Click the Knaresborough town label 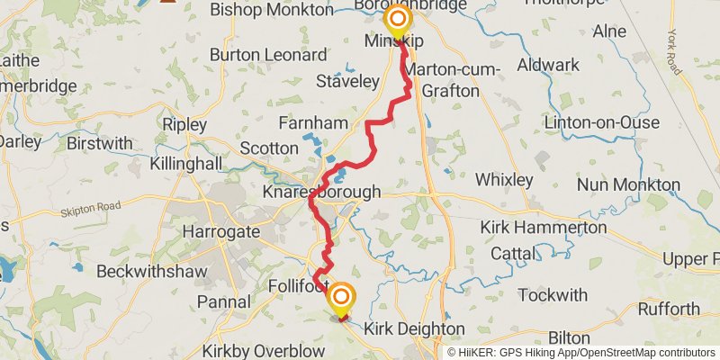(x=321, y=193)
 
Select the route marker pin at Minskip (x=396, y=20)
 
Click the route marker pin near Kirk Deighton (x=341, y=298)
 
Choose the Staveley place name (x=347, y=81)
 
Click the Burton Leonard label (x=268, y=55)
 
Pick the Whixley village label (x=504, y=178)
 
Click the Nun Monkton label (x=628, y=184)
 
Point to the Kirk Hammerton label (x=543, y=227)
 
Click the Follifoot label (x=297, y=288)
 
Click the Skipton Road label (x=90, y=211)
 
